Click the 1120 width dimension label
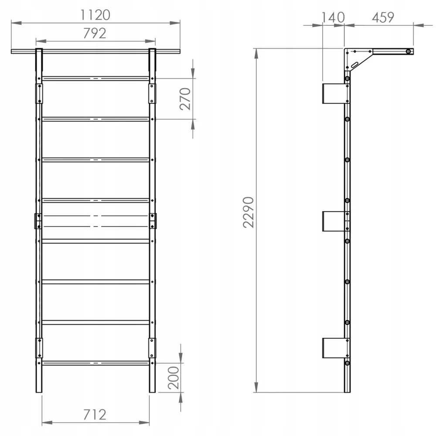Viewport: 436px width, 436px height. (x=95, y=15)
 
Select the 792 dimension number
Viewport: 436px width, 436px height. (x=95, y=34)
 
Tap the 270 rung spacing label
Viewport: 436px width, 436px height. (x=185, y=99)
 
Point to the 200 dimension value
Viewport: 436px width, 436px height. (x=174, y=378)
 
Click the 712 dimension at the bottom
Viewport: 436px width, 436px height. (x=95, y=415)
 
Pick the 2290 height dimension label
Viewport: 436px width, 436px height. (x=249, y=212)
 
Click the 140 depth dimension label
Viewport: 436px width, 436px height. (x=333, y=17)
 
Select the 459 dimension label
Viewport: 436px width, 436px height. (x=383, y=17)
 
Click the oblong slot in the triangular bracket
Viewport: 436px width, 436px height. (x=355, y=65)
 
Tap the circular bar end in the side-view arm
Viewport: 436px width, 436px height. (x=408, y=51)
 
